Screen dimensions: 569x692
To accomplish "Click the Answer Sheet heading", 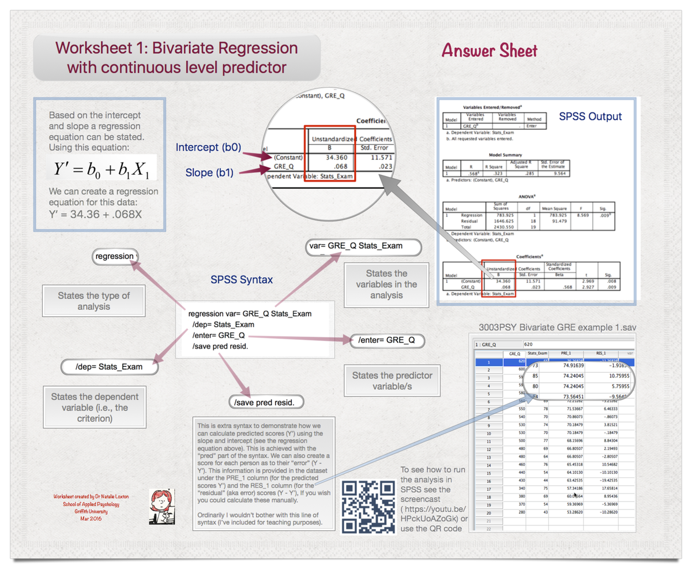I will click(x=489, y=51).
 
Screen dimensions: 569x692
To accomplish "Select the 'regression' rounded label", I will click(x=115, y=256).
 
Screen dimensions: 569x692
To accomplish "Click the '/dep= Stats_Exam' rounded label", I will click(x=109, y=366).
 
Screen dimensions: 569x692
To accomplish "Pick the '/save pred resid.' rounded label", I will click(x=266, y=402).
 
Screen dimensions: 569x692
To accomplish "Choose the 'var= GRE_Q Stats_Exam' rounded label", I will click(x=363, y=246).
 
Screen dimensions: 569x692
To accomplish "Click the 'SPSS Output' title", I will click(x=590, y=117).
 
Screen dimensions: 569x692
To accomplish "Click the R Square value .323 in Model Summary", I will click(x=494, y=173).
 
